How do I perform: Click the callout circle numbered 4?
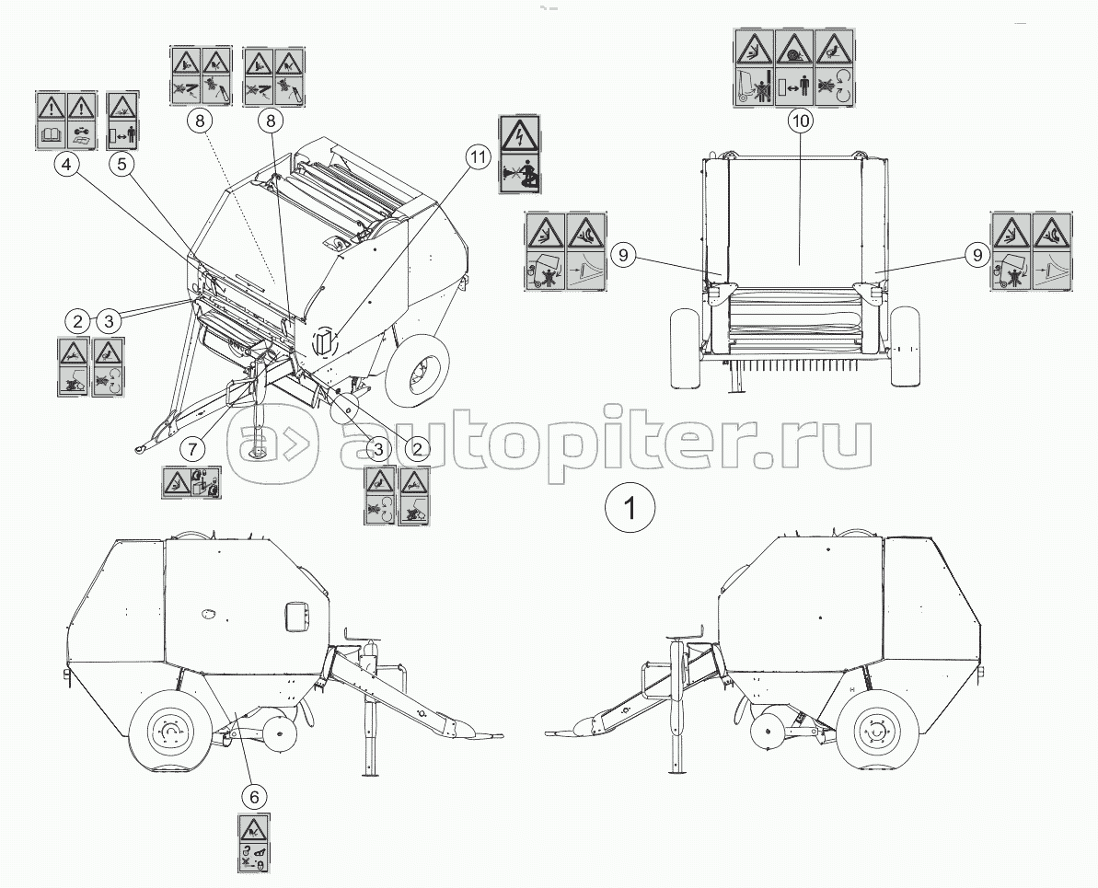click(66, 166)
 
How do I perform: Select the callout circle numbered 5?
click(122, 166)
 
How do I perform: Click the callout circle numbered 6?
click(253, 796)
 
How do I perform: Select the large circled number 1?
click(630, 506)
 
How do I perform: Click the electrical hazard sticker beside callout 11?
click(519, 154)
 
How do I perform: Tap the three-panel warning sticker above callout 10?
click(795, 69)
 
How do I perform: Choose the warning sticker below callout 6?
click(253, 843)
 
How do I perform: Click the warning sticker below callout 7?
click(191, 482)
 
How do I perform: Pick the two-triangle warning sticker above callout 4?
click(66, 121)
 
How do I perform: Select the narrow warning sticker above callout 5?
click(123, 121)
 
